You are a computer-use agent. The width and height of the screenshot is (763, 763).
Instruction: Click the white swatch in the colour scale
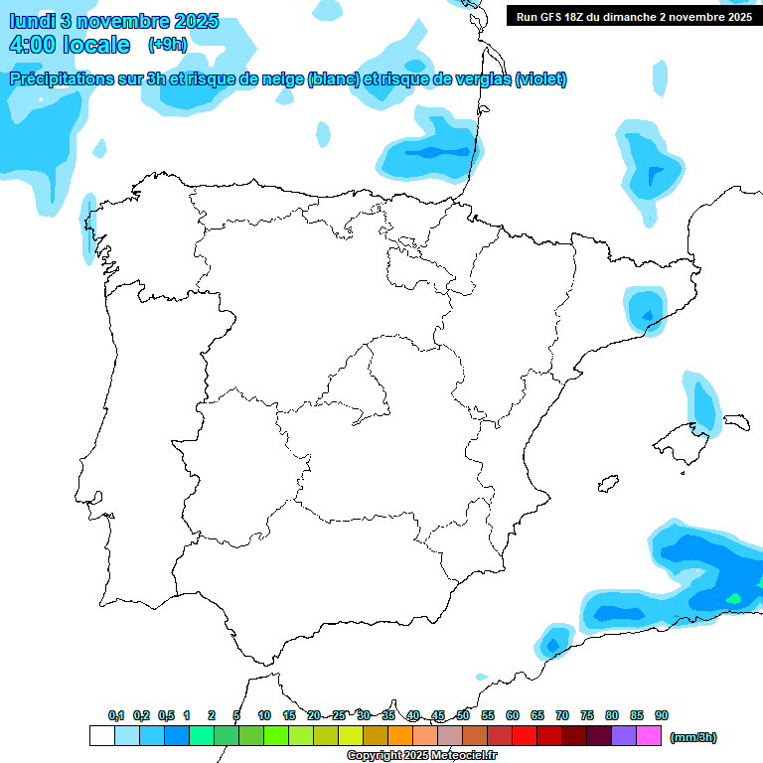(x=101, y=735)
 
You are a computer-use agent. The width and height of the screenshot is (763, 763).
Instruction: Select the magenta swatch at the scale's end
(x=649, y=735)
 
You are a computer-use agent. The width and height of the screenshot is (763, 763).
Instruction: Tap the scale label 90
(x=662, y=715)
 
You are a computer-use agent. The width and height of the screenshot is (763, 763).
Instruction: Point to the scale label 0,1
(x=116, y=715)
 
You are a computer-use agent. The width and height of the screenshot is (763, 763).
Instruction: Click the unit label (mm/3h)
(x=693, y=737)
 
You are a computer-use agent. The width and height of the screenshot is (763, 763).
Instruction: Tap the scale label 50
(x=463, y=715)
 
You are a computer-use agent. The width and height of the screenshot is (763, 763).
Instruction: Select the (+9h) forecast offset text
(x=167, y=44)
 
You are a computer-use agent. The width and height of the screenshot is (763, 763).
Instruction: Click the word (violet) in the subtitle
(x=541, y=79)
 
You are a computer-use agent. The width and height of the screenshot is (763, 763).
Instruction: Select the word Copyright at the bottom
(x=373, y=756)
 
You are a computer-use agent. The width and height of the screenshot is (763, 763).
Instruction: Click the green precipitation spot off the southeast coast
(x=734, y=598)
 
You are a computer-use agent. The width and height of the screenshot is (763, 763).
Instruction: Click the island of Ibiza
(x=606, y=484)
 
